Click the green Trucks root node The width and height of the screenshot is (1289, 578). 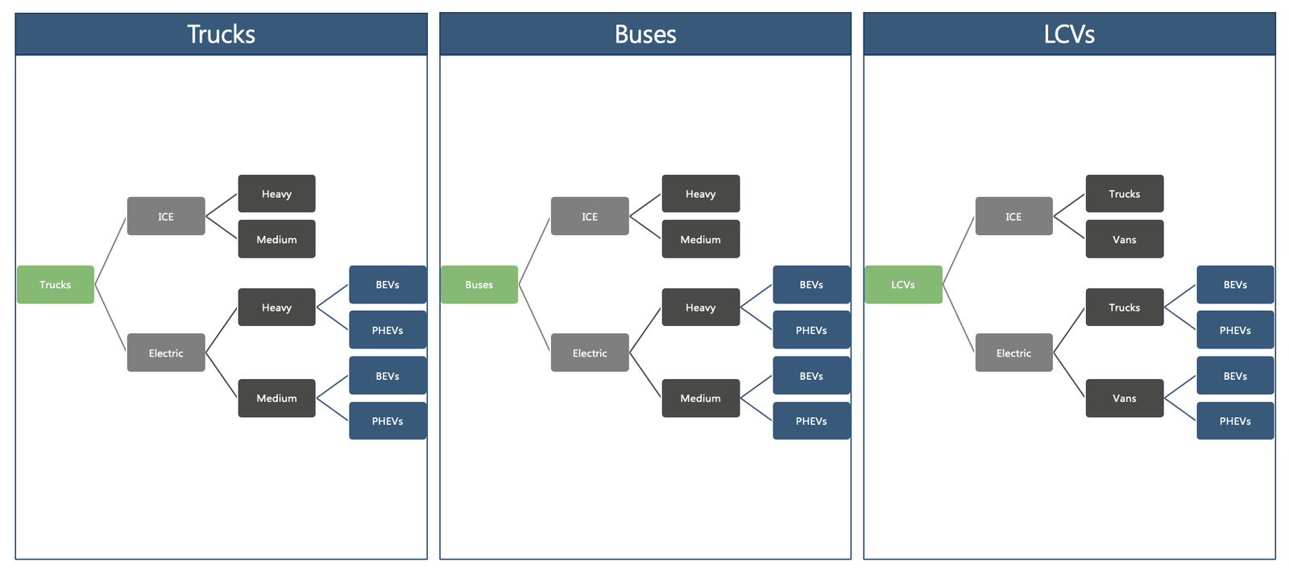(56, 285)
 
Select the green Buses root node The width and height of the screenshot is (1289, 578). (479, 285)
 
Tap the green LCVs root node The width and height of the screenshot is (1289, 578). (903, 285)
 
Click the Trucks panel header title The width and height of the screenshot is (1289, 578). (221, 35)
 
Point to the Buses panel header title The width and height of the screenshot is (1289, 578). (645, 35)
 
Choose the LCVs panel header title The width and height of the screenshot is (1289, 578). (1069, 35)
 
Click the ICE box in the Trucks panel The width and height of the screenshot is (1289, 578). (166, 217)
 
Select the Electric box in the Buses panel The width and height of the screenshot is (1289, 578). (590, 353)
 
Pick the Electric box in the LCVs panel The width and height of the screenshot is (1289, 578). (1014, 353)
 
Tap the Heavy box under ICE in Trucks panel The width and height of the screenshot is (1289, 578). (277, 194)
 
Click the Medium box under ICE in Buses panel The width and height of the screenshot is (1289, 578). (701, 239)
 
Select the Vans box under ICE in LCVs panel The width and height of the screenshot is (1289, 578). (1125, 239)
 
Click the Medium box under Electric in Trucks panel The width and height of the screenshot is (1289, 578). (277, 398)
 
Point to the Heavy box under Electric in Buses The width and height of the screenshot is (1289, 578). (701, 308)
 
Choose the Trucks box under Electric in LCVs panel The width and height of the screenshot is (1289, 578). (1125, 308)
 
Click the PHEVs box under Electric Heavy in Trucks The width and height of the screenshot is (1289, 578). (388, 330)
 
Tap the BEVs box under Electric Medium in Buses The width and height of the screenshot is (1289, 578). (811, 376)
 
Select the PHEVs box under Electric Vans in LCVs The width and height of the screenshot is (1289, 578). (1236, 421)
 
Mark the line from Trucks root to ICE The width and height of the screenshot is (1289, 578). (110, 250)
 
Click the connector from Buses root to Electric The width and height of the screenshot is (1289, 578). (535, 318)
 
